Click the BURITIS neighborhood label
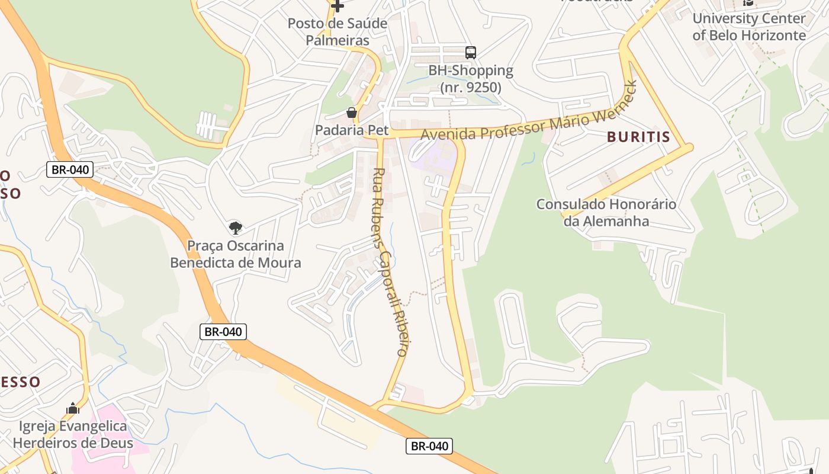(x=638, y=137)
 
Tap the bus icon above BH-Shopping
(x=471, y=53)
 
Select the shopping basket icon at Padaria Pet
(x=352, y=113)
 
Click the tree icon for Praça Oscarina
(x=236, y=228)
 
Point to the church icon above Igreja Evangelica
(x=73, y=408)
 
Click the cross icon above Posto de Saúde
(x=338, y=7)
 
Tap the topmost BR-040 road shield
(x=70, y=170)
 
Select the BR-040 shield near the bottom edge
(x=429, y=446)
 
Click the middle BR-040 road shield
(x=223, y=332)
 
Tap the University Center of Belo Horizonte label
(x=749, y=27)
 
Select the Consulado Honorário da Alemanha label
(x=606, y=213)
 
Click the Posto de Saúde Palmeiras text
(x=337, y=32)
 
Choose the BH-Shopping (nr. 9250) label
(x=471, y=78)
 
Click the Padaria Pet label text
(x=352, y=130)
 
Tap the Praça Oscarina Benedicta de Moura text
(x=236, y=254)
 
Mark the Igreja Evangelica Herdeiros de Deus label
(x=73, y=434)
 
